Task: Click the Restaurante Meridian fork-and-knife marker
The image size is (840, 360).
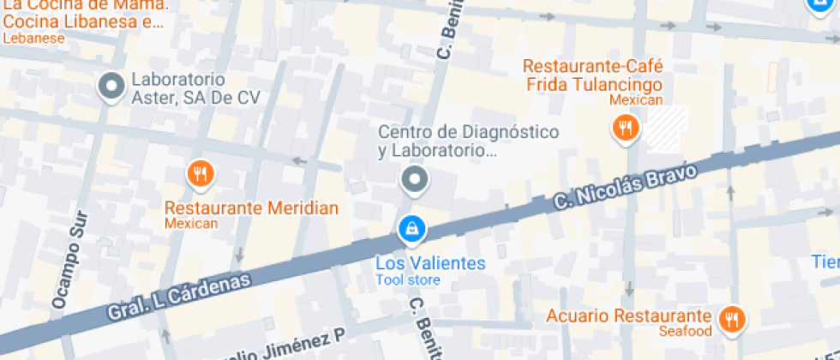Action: point(200,175)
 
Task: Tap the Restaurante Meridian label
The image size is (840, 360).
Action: point(251,208)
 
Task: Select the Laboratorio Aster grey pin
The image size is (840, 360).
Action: point(111,86)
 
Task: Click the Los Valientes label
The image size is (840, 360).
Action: point(430,263)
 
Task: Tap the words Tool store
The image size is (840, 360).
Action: point(408,280)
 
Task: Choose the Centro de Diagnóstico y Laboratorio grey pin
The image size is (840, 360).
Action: point(415,179)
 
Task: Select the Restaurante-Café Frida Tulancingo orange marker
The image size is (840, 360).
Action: point(626,129)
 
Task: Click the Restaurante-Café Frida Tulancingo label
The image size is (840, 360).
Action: point(593,76)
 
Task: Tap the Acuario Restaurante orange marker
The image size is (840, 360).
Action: point(731,318)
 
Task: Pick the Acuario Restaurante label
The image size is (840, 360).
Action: point(629,316)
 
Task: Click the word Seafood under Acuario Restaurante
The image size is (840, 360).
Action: point(686,332)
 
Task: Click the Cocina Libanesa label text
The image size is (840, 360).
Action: point(81,22)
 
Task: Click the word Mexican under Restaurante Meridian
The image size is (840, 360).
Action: point(191,224)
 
